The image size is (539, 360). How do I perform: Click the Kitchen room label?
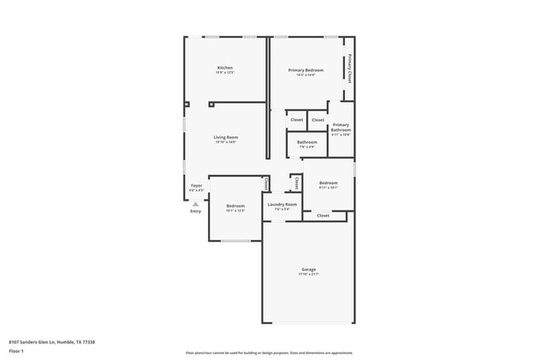click(x=225, y=67)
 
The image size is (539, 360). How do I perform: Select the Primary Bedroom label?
click(x=306, y=71)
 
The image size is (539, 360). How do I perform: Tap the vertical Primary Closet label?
click(x=350, y=69)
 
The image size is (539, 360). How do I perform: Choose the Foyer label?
click(x=197, y=186)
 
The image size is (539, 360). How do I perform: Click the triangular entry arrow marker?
click(x=196, y=203)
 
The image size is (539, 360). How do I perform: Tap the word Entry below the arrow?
click(x=196, y=211)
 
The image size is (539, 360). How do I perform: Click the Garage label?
click(x=308, y=270)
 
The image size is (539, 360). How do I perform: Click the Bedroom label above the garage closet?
click(x=328, y=182)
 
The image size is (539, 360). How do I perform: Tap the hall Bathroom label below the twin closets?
click(x=307, y=142)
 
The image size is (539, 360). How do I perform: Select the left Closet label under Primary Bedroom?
click(x=296, y=120)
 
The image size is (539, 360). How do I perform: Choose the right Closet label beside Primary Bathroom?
click(x=318, y=120)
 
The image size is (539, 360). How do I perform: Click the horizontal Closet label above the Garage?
click(x=323, y=216)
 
